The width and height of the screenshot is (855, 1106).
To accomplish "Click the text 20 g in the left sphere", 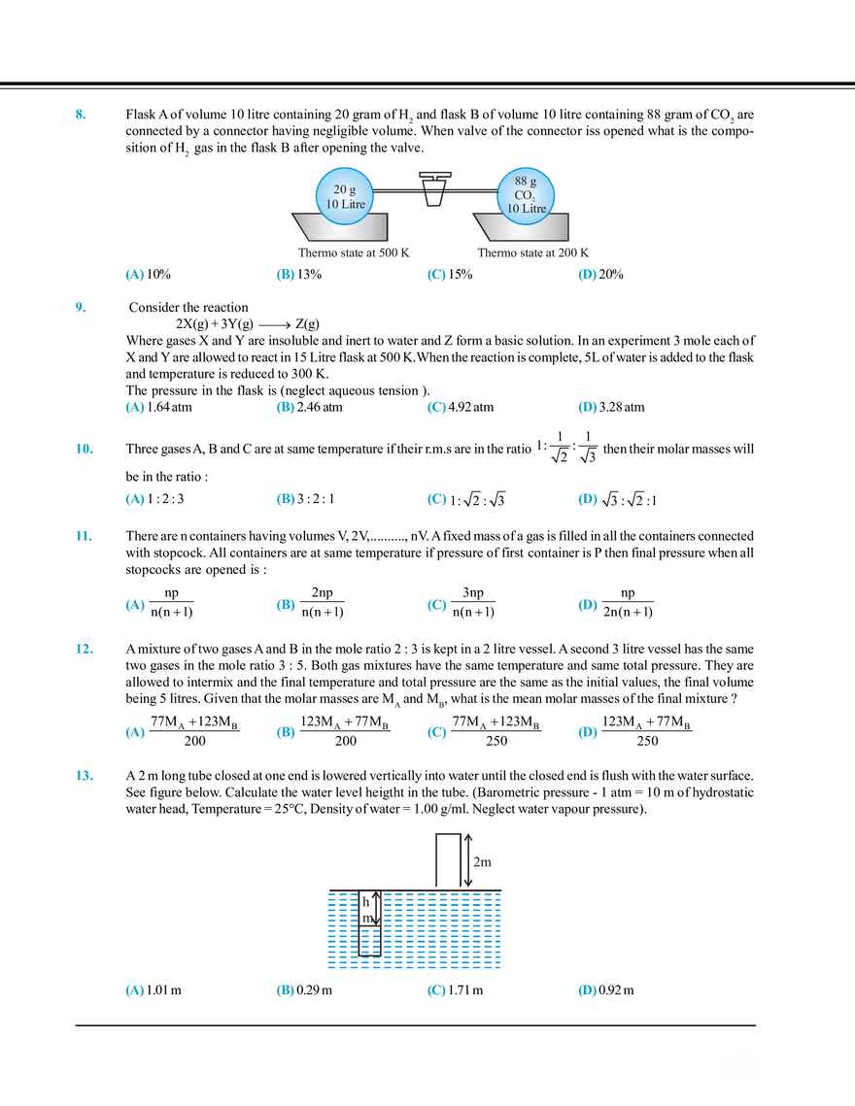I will tap(343, 189).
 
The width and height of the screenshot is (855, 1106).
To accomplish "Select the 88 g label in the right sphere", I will tap(526, 182).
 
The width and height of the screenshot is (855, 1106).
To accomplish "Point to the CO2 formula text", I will tap(526, 195).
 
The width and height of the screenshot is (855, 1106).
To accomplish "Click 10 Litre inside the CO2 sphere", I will tap(526, 209).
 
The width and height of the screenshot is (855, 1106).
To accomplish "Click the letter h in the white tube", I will tap(365, 902).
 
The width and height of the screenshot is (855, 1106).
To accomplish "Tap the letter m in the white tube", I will tap(365, 918).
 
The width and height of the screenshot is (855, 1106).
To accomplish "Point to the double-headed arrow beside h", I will tap(376, 909).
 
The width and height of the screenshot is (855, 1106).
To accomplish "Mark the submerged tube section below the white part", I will tap(367, 943).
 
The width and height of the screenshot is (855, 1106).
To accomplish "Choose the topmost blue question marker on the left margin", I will tap(81, 115).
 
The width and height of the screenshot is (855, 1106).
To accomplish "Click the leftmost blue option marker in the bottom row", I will tap(134, 990).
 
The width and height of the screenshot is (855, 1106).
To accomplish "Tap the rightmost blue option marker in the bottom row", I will tap(586, 990).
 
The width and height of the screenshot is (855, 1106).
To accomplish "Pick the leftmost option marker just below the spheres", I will tap(134, 277).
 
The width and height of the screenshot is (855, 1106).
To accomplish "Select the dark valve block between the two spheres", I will tap(433, 184).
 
